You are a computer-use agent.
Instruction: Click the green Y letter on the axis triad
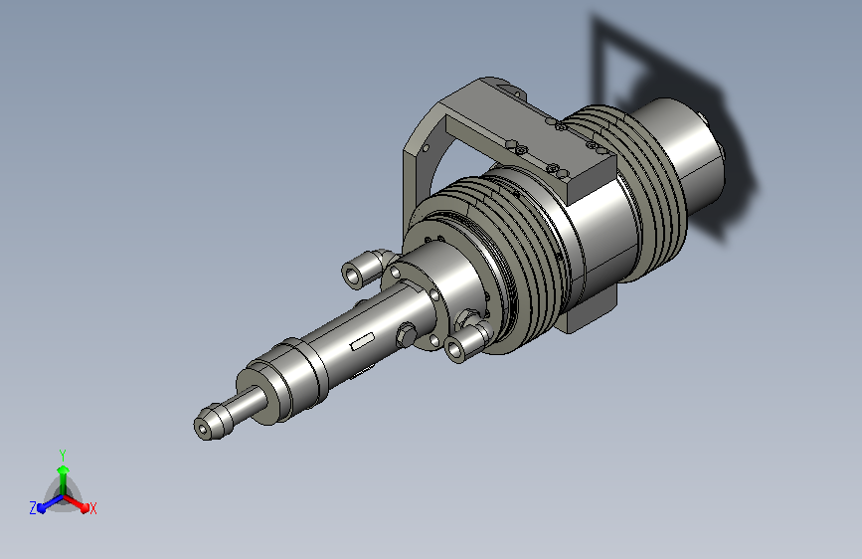click(x=63, y=456)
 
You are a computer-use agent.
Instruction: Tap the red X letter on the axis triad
click(x=92, y=508)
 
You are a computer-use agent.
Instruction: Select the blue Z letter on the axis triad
click(x=33, y=508)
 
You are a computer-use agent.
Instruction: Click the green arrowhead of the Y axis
click(x=64, y=470)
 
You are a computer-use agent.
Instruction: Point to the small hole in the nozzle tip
click(x=204, y=429)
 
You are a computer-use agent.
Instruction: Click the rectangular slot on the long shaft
click(x=363, y=341)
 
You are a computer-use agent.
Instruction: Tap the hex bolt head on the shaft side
click(x=406, y=334)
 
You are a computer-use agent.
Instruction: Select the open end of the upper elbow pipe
click(x=352, y=274)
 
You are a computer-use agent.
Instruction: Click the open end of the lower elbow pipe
click(x=455, y=349)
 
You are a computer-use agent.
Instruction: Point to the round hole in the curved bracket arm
click(x=425, y=148)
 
